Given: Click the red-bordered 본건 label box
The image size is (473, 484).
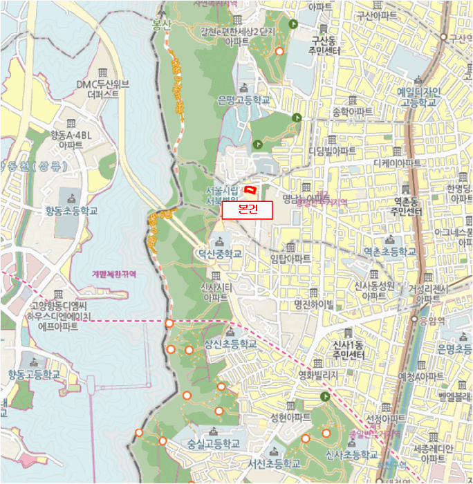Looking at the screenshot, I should [x=248, y=210].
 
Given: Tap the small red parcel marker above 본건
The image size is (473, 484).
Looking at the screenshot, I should [x=251, y=188].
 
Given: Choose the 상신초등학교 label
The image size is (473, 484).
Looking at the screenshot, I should [x=230, y=344].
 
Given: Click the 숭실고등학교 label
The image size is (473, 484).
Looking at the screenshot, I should [x=214, y=443].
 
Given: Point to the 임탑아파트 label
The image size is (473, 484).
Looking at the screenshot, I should [x=291, y=259].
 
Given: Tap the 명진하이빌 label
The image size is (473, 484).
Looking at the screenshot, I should [x=313, y=304].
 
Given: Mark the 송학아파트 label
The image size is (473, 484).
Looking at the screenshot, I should [x=353, y=111].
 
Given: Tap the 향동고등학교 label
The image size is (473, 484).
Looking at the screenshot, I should [x=35, y=374].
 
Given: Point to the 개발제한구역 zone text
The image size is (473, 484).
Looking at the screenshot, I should [x=114, y=274].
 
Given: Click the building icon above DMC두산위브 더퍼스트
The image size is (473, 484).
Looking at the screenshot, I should [x=103, y=73].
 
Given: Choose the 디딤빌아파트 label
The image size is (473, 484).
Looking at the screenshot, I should [x=333, y=151].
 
